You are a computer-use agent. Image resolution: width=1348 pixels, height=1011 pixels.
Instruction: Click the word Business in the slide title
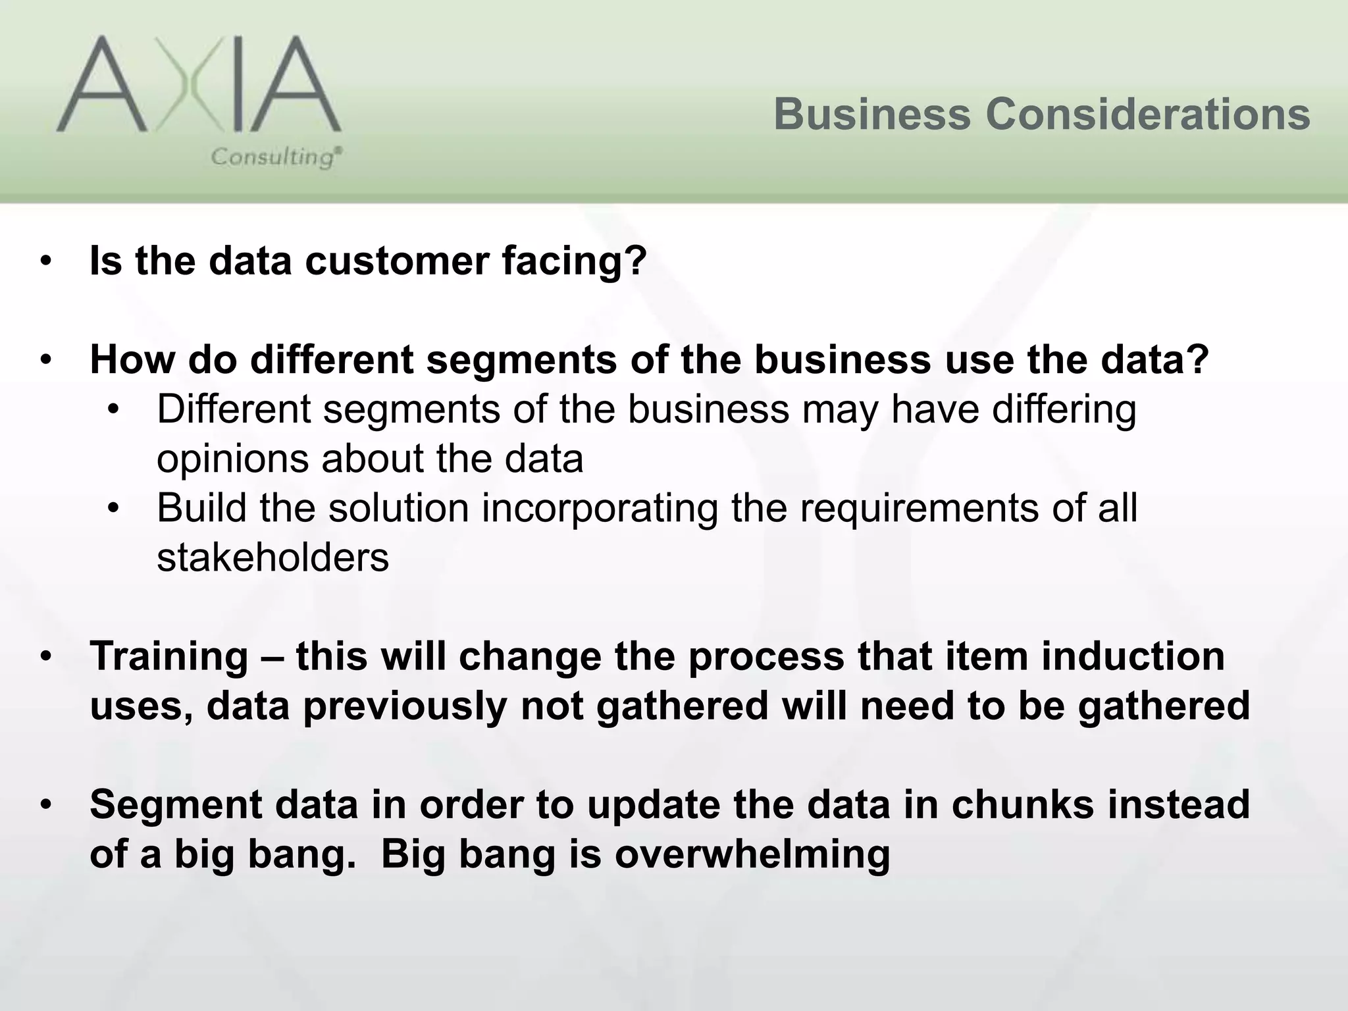point(871,114)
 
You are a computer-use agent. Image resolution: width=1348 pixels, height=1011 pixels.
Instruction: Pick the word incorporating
point(600,508)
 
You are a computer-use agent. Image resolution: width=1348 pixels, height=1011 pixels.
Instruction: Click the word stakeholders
point(272,557)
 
